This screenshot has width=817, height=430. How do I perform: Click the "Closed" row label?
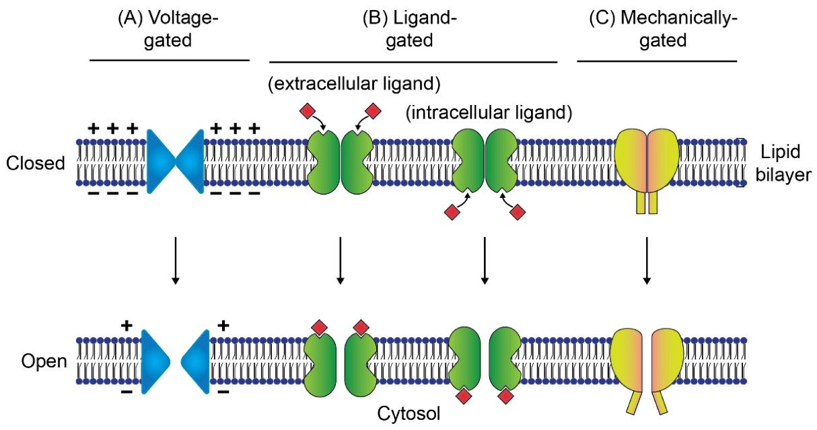pos(35,164)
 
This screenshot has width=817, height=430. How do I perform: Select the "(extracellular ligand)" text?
pos(353,84)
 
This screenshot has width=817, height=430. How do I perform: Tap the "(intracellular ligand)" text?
pos(489,113)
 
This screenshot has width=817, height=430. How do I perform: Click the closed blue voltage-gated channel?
pos(175,162)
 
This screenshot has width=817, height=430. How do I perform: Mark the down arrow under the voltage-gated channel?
pos(175,259)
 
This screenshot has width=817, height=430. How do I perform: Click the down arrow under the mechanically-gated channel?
pos(647,259)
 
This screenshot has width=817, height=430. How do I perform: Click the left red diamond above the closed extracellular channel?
pos(308,110)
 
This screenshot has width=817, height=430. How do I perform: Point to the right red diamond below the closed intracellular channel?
pos(517,213)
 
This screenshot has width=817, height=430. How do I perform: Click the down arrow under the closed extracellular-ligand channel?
pos(340,259)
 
